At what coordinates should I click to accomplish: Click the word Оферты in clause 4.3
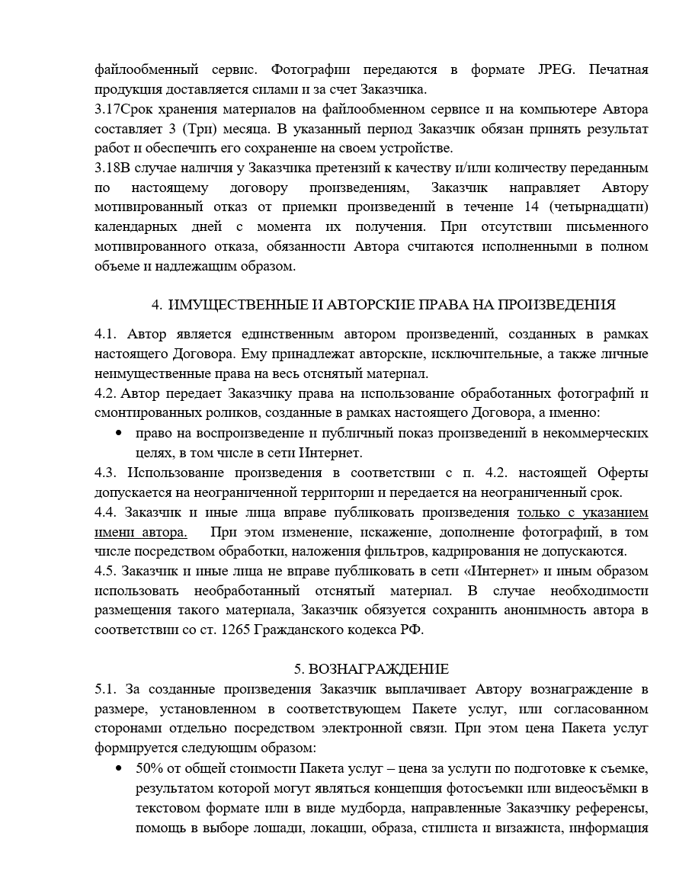(x=619, y=473)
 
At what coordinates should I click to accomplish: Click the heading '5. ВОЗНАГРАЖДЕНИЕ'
(x=371, y=669)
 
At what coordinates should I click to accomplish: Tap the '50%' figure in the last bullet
(x=149, y=768)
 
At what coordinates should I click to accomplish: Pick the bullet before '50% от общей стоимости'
(x=118, y=768)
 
